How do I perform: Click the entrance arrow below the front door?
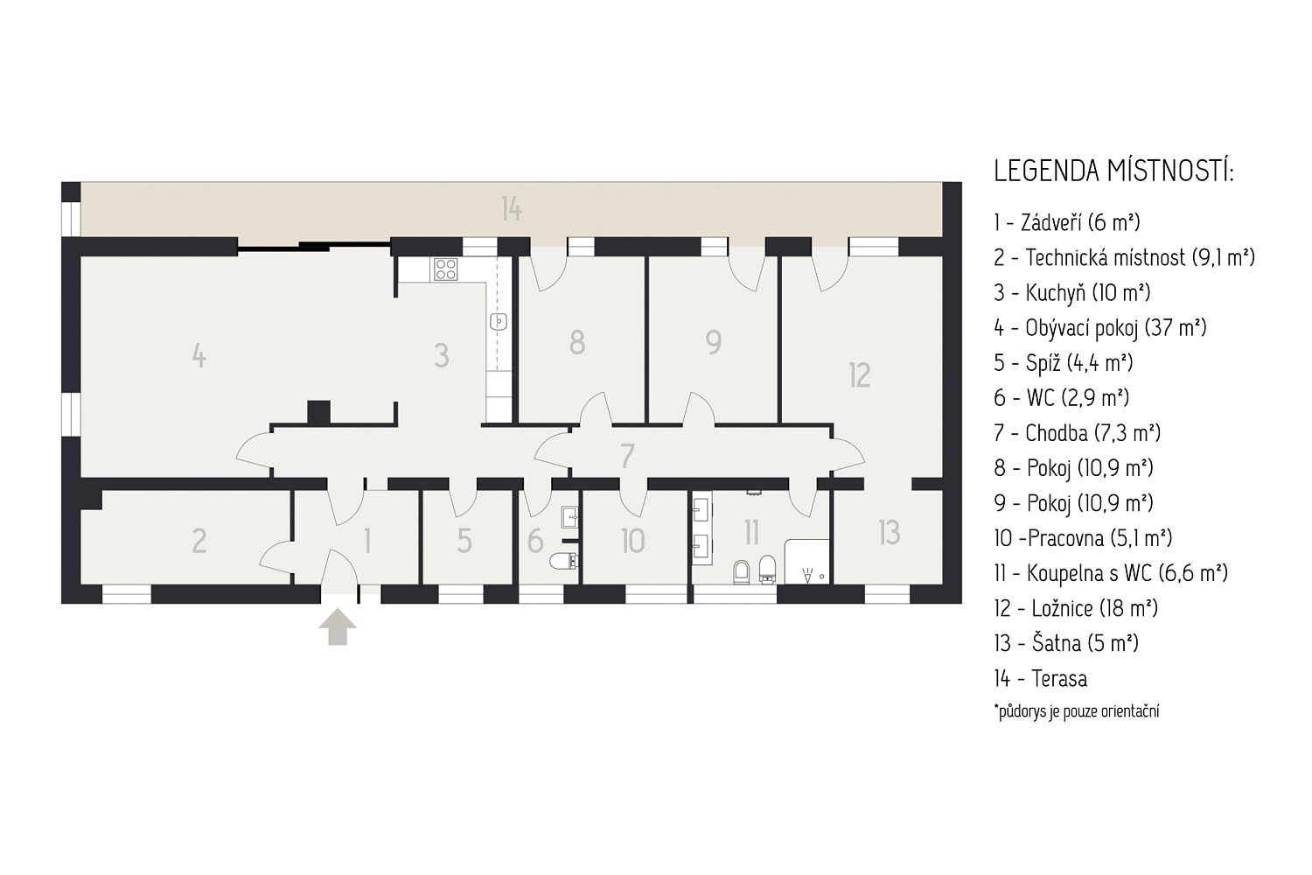coord(338,627)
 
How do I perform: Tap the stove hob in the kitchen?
coord(446,269)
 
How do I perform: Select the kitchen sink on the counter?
coord(499,322)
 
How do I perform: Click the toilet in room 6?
coord(563,562)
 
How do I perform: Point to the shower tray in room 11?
coord(807,562)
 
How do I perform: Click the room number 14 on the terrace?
coord(512,209)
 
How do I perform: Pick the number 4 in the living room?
coord(199,355)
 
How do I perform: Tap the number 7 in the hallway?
coord(627,456)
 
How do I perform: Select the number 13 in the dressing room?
coord(890,533)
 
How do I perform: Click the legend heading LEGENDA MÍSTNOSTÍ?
coord(1113,171)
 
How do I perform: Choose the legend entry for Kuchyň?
coord(1071,292)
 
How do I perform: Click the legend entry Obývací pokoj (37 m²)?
coord(1100,327)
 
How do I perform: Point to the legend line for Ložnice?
coord(1075,608)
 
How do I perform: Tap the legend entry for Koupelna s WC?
coord(1111,573)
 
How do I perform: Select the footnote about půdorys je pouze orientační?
coord(1077,711)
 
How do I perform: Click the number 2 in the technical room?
coord(199,541)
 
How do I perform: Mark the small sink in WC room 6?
coord(569,517)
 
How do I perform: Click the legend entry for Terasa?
coord(1040,679)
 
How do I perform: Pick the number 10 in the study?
coord(633,541)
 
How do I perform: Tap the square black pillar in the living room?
coord(318,412)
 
